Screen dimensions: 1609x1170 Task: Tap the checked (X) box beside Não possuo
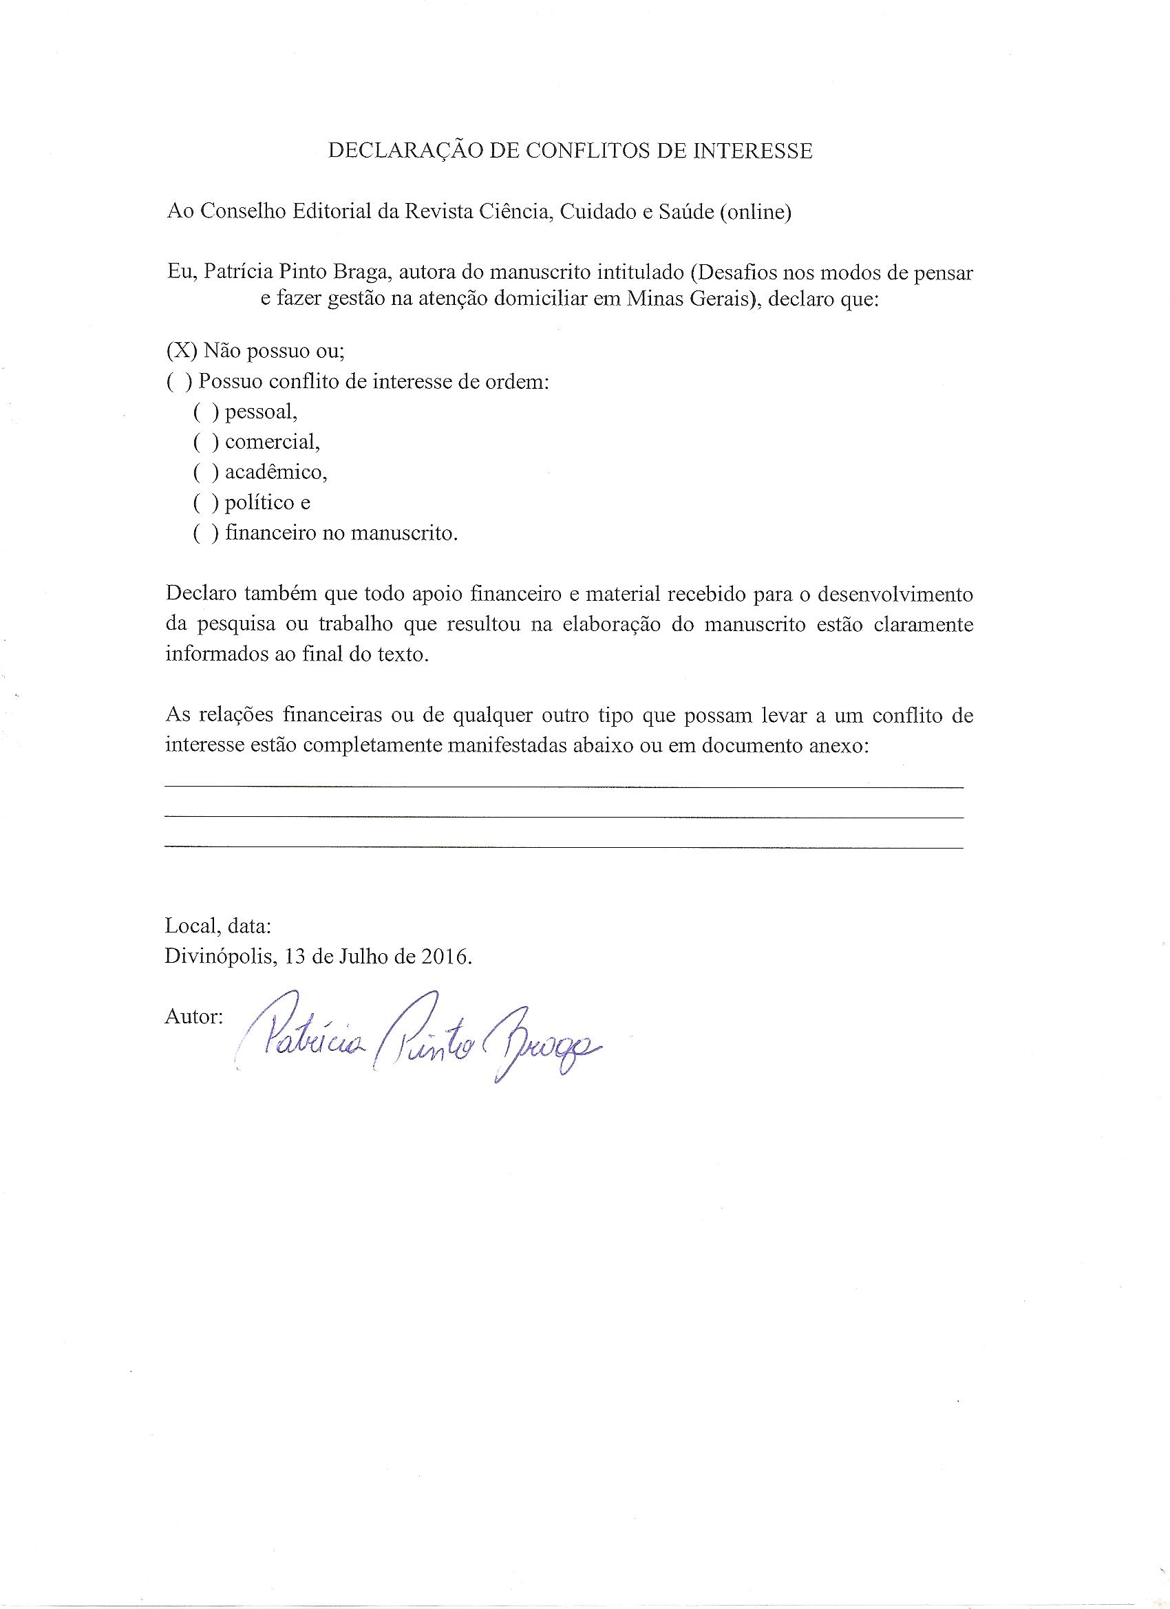(x=182, y=350)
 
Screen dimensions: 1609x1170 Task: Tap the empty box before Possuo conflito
(x=180, y=381)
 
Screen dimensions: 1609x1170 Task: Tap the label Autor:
(x=193, y=1016)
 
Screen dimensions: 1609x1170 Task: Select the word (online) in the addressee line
(x=755, y=213)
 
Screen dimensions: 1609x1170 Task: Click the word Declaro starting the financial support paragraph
(x=200, y=595)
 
